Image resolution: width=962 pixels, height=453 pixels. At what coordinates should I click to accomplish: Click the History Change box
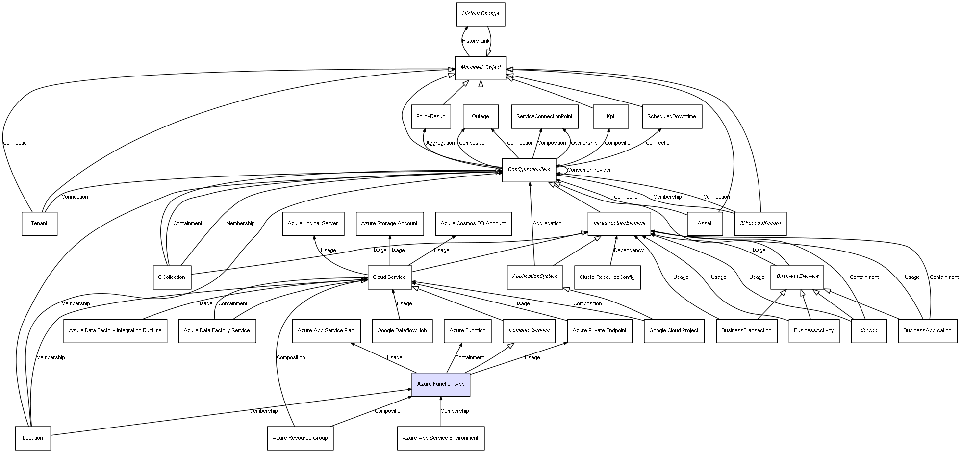(480, 14)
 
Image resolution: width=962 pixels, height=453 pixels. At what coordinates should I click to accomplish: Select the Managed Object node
(480, 68)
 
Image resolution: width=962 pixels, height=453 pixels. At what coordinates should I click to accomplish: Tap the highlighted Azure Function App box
(440, 384)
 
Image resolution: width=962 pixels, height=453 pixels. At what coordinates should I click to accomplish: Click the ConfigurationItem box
(529, 170)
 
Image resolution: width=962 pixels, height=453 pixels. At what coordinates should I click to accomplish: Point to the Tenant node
(39, 224)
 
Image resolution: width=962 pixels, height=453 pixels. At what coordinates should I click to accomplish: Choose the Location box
(32, 438)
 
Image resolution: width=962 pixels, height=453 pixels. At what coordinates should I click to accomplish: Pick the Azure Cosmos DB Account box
(473, 224)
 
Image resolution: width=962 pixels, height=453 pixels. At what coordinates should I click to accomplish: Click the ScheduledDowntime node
(671, 117)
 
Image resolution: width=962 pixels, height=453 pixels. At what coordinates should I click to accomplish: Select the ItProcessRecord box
(760, 223)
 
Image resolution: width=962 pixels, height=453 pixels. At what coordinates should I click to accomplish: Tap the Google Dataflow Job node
(402, 331)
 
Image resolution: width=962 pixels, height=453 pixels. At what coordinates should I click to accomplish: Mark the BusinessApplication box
(927, 331)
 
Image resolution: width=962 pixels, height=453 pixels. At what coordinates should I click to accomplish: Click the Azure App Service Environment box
(440, 438)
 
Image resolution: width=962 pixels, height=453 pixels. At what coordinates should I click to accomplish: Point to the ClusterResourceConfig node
(607, 277)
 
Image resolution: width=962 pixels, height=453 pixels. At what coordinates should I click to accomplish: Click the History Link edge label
(475, 41)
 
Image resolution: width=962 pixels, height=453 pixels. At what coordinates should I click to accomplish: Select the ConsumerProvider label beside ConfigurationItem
(589, 170)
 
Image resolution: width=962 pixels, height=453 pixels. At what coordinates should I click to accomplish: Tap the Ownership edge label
(583, 143)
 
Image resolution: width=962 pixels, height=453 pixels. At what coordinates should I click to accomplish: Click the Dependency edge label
(628, 251)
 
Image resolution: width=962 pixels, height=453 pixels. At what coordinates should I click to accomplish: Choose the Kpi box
(610, 117)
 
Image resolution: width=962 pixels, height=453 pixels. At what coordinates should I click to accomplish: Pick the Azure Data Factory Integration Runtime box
(115, 331)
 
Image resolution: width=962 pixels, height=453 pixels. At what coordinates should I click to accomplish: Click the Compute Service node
(529, 330)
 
